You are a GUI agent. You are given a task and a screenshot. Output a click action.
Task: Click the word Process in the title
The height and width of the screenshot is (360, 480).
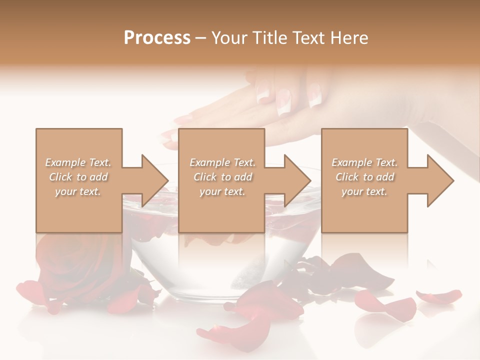tap(157, 38)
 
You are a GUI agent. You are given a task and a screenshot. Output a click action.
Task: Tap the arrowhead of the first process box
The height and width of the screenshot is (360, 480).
tap(155, 180)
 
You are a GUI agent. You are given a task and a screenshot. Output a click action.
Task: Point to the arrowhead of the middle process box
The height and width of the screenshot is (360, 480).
tap(297, 180)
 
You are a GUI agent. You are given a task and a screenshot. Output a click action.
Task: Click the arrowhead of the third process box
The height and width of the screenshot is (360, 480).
tap(440, 180)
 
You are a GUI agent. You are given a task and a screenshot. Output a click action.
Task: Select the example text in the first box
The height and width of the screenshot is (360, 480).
tap(78, 177)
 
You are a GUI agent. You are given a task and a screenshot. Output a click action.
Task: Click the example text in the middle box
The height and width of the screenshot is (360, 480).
tap(222, 177)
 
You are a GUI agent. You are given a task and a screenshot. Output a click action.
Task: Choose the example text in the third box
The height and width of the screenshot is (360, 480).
tap(364, 177)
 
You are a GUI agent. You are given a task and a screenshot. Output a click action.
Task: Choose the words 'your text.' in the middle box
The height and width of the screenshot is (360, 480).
tap(222, 191)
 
